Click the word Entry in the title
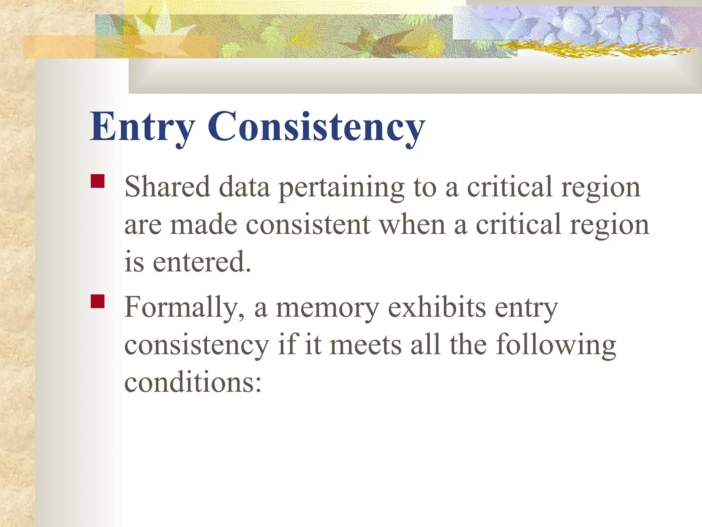142,127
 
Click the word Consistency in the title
316,127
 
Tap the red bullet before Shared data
98,181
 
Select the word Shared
167,187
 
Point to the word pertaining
341,188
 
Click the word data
244,187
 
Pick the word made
204,225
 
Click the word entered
202,262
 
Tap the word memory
327,308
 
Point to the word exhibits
437,307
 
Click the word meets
365,345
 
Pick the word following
556,345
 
